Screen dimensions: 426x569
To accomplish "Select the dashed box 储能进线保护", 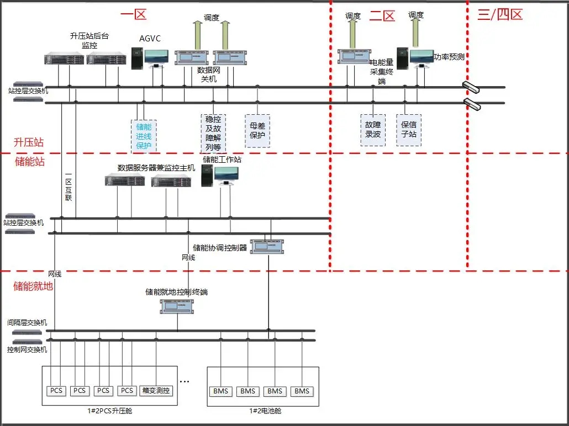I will tap(144, 136).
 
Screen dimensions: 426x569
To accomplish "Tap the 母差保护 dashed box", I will tap(257, 130).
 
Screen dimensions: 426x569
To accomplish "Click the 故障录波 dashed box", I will tap(373, 130).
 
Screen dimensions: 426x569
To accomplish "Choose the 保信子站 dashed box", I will tap(409, 130).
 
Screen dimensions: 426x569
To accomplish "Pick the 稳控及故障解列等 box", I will tap(213, 133).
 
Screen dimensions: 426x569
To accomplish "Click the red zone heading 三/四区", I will tap(499, 15).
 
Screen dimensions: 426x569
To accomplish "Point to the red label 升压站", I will tap(29, 142).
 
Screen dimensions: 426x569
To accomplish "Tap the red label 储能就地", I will tap(33, 286).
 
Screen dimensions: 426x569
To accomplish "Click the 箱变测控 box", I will tap(156, 391).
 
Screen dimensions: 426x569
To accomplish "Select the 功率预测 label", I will tap(449, 56).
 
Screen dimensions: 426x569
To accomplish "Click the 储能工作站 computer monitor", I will tap(227, 175).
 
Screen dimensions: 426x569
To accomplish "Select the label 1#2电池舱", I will tap(263, 411).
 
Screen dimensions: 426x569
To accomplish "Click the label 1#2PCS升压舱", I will tap(111, 411).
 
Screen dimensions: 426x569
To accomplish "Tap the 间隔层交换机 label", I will tap(27, 322).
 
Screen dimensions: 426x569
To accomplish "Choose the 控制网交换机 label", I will tap(27, 349).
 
